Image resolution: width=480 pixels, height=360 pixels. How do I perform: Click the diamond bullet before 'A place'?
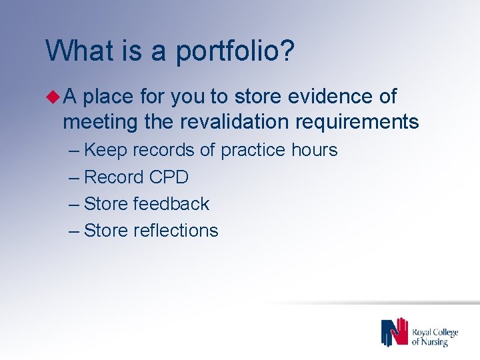54,97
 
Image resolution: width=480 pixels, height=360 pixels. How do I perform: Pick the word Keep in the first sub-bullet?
107,151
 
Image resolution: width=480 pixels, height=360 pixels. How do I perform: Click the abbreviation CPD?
169,177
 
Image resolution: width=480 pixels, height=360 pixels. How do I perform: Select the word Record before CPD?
114,177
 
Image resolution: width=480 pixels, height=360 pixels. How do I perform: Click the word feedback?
171,203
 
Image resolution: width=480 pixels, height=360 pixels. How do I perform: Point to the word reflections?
176,231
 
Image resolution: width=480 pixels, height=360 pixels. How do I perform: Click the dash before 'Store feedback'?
74,204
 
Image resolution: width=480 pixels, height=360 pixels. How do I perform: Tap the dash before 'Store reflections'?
74,231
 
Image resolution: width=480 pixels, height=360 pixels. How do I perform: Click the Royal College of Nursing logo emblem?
394,332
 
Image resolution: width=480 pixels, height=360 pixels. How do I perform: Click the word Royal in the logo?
423,331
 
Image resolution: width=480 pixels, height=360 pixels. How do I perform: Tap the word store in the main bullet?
256,97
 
